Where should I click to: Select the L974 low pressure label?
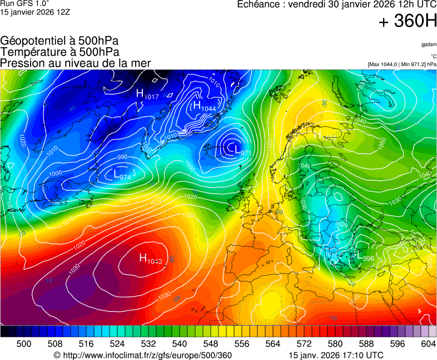pyautogui.click(x=122, y=175)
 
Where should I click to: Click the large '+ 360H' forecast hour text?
pyautogui.click(x=408, y=22)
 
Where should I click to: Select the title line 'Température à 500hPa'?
pyautogui.click(x=59, y=52)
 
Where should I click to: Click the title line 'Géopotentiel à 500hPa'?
pyautogui.click(x=59, y=41)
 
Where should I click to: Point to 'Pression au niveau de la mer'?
pyautogui.click(x=75, y=63)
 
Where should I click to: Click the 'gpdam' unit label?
pyautogui.click(x=428, y=44)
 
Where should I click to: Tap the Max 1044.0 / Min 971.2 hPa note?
pyautogui.click(x=402, y=64)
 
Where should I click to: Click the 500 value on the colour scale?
pyautogui.click(x=24, y=344)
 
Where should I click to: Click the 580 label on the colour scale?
pyautogui.click(x=335, y=344)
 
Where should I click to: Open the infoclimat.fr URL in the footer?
pyautogui.click(x=142, y=355)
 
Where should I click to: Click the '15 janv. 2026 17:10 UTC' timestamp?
pyautogui.click(x=336, y=355)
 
